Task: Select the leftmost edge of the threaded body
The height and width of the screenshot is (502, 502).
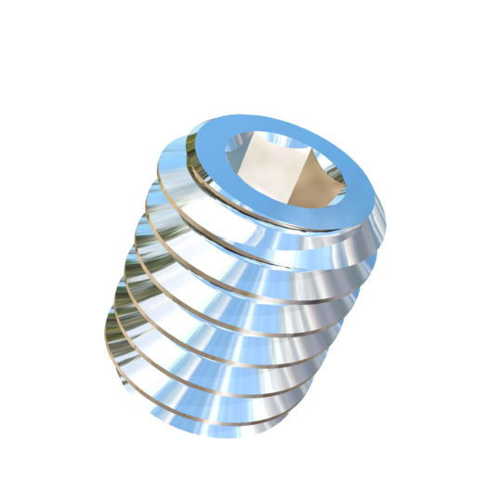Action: point(105,335)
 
